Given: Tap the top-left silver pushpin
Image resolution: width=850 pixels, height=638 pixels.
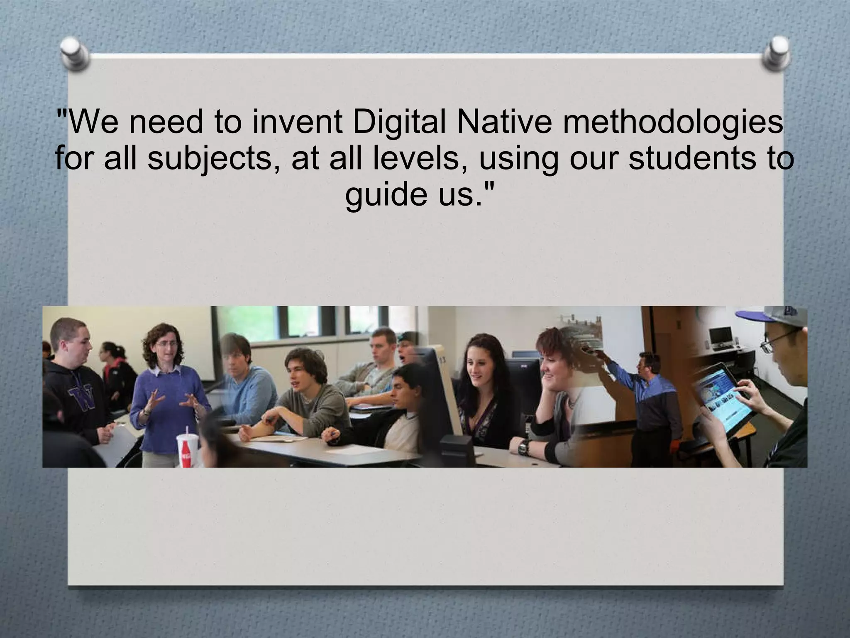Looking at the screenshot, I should click(74, 53).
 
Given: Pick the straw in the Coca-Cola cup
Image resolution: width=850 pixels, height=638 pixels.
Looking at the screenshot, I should click(186, 432).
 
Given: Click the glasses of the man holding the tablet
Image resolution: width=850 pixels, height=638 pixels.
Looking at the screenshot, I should click(774, 344).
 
